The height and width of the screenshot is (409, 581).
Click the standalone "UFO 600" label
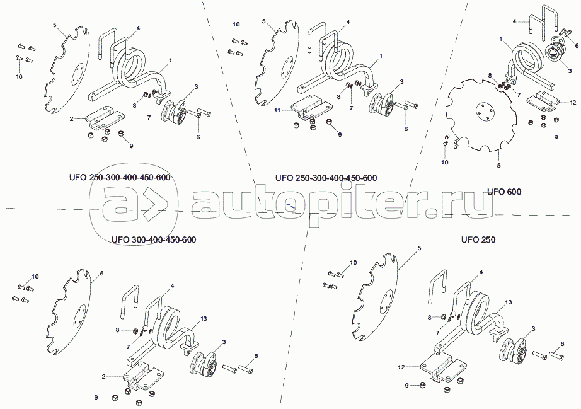[x=504, y=192]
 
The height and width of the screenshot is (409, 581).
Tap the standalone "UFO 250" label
[x=478, y=239]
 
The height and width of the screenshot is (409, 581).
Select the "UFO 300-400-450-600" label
[x=154, y=239]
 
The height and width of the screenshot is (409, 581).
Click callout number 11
[x=277, y=110]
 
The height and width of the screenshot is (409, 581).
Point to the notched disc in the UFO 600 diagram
[x=481, y=115]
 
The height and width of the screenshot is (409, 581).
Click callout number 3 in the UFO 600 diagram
[x=570, y=71]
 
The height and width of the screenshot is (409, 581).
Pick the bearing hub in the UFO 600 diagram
[x=555, y=54]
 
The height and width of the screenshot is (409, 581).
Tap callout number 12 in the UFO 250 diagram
[x=401, y=367]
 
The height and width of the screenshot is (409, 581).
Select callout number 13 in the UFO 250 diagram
[x=509, y=302]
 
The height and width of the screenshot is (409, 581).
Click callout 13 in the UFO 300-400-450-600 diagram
[x=204, y=319]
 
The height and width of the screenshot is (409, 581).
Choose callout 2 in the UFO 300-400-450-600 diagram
[x=103, y=376]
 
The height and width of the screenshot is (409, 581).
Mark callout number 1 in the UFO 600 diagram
[x=501, y=38]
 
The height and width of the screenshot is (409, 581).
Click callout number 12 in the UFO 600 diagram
[x=573, y=102]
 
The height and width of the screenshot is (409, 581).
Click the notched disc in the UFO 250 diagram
[x=374, y=296]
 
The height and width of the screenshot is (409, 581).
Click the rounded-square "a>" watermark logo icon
[x=134, y=210]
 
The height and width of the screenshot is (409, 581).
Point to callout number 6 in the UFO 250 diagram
[x=563, y=344]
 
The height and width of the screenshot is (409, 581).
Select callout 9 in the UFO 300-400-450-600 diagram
[x=96, y=398]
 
